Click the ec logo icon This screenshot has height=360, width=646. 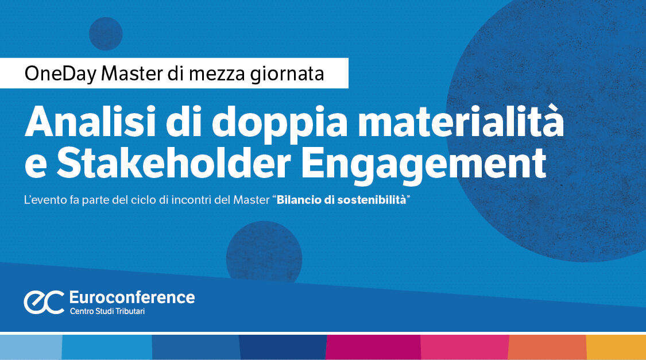pos(44,302)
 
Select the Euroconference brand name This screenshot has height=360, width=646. pos(131,297)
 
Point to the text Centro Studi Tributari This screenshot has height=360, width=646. pos(109,311)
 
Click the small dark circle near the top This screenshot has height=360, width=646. pos(106,33)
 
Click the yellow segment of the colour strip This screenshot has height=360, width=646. pos(616,347)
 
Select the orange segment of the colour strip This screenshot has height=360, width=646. pos(547,347)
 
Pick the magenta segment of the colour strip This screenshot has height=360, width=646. pos(373,347)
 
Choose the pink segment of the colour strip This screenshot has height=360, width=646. pos(465,347)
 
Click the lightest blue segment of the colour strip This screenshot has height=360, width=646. pos(30,347)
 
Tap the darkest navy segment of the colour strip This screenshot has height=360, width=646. pos(283,347)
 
